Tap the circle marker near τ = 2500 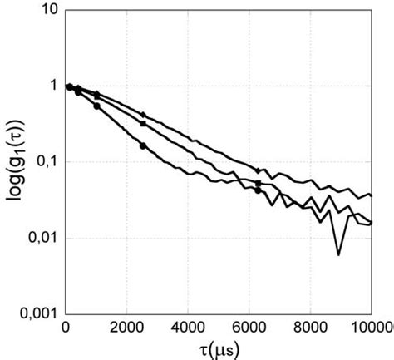point(142,145)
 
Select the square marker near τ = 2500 point(142,123)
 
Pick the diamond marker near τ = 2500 point(142,114)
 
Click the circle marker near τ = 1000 point(96,106)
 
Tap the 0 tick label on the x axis point(66,326)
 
